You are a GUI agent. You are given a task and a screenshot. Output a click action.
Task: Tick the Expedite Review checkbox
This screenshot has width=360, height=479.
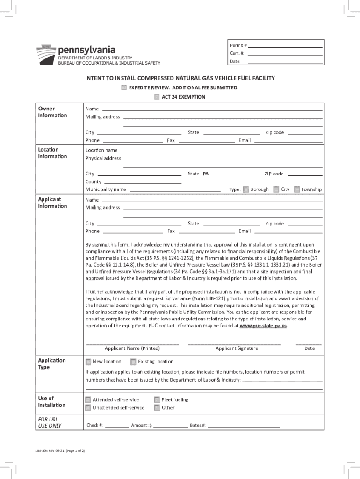tap(123, 88)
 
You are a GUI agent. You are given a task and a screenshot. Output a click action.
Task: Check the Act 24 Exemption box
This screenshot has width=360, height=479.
tap(156, 97)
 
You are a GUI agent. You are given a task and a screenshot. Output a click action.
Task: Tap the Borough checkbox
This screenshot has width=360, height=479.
tap(246, 189)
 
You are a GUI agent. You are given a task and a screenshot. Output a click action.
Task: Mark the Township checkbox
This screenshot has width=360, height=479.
tap(297, 189)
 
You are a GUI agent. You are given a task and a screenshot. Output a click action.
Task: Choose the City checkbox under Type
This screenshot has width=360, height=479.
tap(276, 189)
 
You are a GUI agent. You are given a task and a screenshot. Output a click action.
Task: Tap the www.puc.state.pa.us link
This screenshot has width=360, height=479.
tap(263, 326)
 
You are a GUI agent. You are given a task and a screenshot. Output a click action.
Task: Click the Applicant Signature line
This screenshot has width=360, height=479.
tap(234, 344)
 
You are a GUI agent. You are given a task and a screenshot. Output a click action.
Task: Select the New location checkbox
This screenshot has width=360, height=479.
tap(88, 362)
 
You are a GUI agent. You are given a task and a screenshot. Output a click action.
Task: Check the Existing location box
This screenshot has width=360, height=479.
tap(133, 362)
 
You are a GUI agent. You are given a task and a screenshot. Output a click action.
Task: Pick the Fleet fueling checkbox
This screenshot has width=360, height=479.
tap(157, 400)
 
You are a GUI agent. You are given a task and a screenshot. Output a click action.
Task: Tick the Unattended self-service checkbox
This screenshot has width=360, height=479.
tap(88, 408)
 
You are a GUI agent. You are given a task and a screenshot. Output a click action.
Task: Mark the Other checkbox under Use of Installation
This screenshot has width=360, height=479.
tap(157, 408)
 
